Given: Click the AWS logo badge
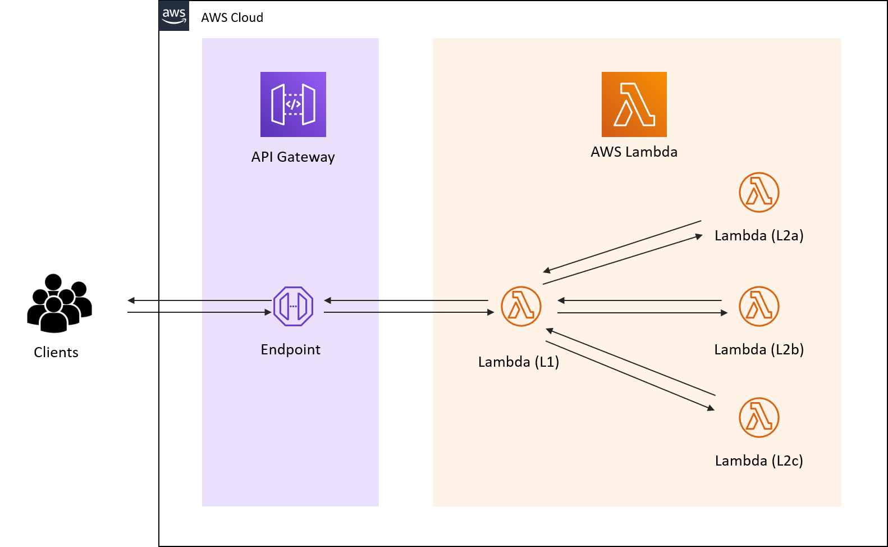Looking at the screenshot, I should pyautogui.click(x=174, y=16).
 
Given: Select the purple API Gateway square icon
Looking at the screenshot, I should pyautogui.click(x=293, y=104).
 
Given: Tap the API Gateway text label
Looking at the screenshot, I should pyautogui.click(x=293, y=157).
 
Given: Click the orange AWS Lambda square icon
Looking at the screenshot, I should pyautogui.click(x=634, y=104).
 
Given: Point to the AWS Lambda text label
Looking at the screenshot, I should pyautogui.click(x=634, y=152).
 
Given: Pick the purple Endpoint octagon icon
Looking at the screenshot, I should pyautogui.click(x=293, y=306).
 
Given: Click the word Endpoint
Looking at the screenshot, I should pyautogui.click(x=290, y=350).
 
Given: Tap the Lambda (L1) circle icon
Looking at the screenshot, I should pyautogui.click(x=521, y=306).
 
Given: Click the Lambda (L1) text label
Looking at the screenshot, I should pyautogui.click(x=518, y=362).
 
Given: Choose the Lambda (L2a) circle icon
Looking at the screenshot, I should pyautogui.click(x=759, y=192).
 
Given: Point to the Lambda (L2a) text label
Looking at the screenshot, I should pyautogui.click(x=759, y=236).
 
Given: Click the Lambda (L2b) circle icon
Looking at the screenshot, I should pyautogui.click(x=759, y=306).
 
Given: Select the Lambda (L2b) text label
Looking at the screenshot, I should pyautogui.click(x=759, y=350).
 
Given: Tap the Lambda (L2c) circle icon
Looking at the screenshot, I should pyautogui.click(x=759, y=417).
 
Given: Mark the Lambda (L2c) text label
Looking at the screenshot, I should pyautogui.click(x=759, y=461).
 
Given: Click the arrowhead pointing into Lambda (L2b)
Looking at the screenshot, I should pyautogui.click(x=724, y=313).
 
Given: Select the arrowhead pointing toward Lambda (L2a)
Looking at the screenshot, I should pyautogui.click(x=699, y=236).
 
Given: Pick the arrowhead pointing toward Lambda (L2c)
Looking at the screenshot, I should pyautogui.click(x=711, y=408).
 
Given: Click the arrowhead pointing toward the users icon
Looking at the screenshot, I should pyautogui.click(x=131, y=300).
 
